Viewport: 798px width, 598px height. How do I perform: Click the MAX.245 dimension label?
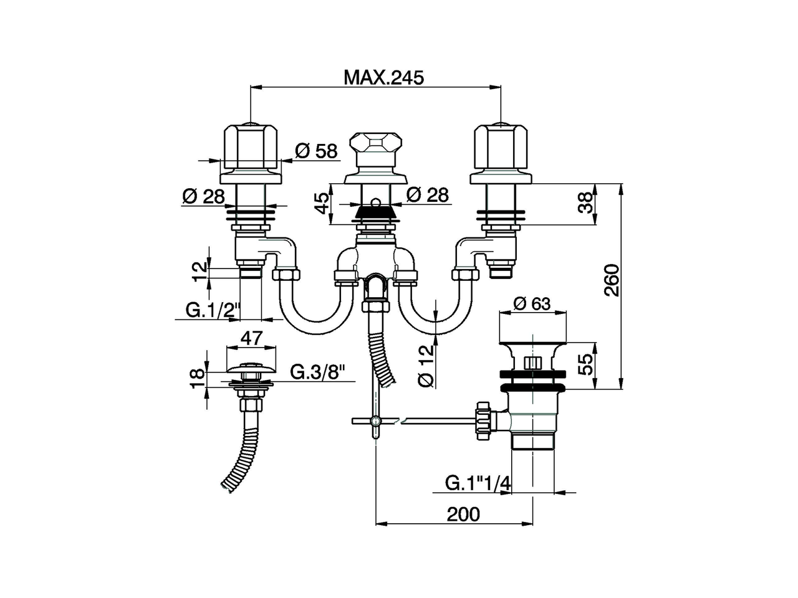383,77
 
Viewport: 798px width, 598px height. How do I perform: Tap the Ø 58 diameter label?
316,151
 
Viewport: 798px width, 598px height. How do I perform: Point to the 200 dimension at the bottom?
464,514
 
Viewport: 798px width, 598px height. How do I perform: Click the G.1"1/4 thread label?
478,483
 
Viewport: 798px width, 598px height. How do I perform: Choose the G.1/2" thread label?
212,309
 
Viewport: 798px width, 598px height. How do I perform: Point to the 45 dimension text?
322,203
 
